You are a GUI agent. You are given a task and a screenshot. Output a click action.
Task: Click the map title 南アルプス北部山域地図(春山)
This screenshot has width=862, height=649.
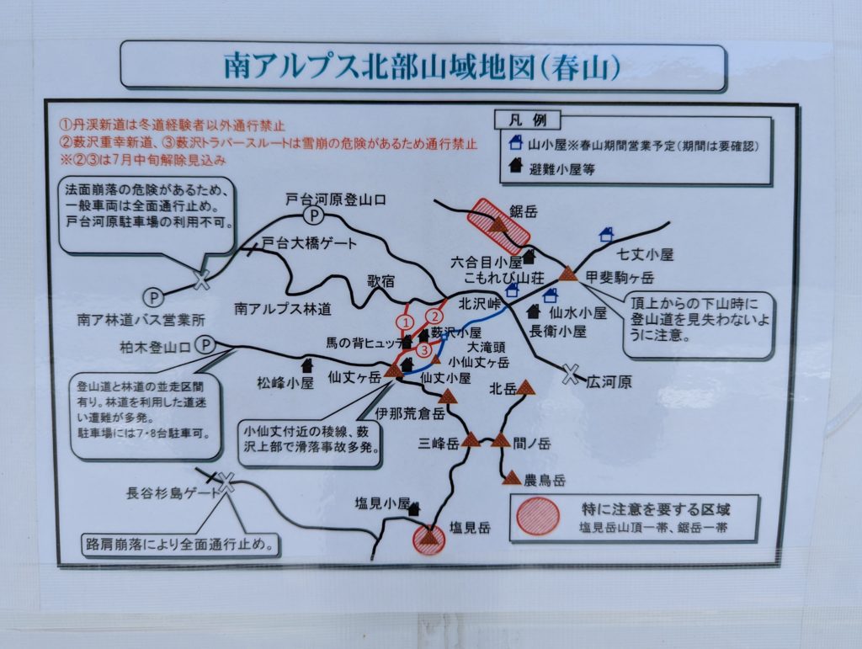[x=423, y=66]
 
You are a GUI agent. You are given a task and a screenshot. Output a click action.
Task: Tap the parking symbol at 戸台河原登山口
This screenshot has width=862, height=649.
[x=314, y=215]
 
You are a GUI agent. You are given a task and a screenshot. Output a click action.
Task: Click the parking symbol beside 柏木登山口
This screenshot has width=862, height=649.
[x=205, y=344]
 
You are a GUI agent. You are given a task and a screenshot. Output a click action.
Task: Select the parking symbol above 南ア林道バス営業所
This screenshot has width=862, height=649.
[x=154, y=297]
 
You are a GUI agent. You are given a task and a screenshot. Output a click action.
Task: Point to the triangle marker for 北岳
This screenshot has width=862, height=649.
[x=526, y=388]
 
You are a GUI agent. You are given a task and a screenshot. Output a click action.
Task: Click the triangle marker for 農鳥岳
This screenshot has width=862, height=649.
[x=512, y=477]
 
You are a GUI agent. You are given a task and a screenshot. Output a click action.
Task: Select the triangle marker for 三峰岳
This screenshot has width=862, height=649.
[x=471, y=440]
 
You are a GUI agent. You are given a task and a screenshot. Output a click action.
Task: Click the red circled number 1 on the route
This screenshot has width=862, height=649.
[x=406, y=322]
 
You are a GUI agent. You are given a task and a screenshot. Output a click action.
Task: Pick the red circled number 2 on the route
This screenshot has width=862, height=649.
[x=434, y=316]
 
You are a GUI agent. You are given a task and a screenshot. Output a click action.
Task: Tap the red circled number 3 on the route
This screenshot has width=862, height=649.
[x=424, y=350]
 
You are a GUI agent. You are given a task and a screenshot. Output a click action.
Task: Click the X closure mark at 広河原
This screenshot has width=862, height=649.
[x=572, y=375]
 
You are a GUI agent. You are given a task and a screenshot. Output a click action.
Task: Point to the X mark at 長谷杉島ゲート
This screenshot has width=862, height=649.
[x=226, y=482]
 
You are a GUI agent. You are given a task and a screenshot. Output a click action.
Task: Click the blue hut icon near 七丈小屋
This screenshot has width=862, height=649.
[x=606, y=235]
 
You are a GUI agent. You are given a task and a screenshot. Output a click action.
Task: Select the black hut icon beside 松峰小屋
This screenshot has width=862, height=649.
[x=306, y=364]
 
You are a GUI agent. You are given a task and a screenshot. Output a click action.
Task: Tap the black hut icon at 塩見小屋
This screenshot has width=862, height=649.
[x=414, y=509]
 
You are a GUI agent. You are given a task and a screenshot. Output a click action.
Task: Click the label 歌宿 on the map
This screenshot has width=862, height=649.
[x=381, y=281]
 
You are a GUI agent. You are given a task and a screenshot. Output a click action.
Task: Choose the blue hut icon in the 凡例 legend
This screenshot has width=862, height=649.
[x=516, y=143]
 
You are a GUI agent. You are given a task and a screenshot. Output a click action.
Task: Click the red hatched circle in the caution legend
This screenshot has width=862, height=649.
[x=538, y=516]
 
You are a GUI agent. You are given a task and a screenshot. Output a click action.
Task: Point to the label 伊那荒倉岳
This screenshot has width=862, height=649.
[x=410, y=414]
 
